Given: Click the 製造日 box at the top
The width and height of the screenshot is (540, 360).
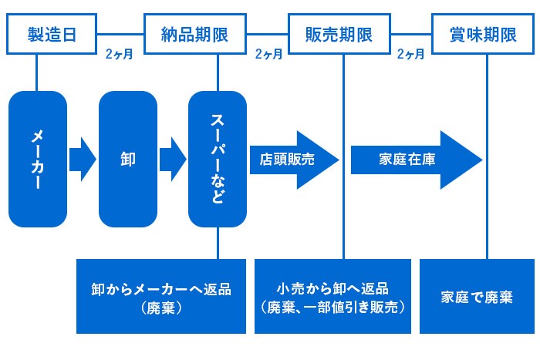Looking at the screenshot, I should pos(52,34).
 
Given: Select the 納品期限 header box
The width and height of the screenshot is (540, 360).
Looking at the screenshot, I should pos(196,34).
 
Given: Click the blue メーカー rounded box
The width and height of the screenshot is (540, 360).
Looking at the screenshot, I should pos(37,159).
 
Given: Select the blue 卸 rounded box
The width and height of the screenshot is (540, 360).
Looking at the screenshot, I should pos(128,159).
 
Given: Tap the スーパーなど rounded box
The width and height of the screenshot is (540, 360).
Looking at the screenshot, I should pos(218,159).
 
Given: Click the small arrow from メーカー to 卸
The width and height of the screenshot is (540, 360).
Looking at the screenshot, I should pos(83,160).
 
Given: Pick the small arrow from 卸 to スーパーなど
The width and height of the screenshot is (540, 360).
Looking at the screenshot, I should pos(173,160).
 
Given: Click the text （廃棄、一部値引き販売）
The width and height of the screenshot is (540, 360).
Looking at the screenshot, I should pos(332,306).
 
